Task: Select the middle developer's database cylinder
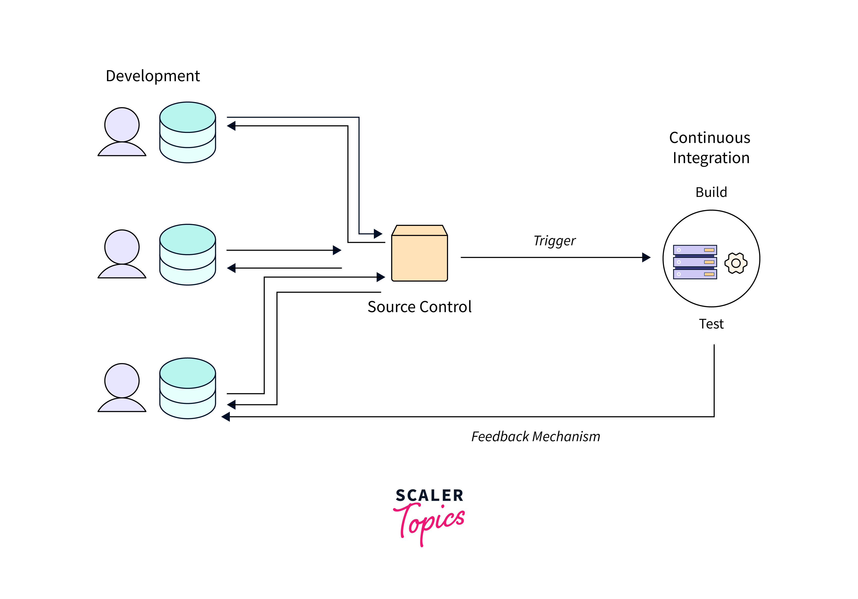point(188,255)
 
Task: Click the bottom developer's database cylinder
point(188,388)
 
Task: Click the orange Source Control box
point(419,254)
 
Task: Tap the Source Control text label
point(419,307)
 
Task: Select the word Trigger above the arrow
point(555,241)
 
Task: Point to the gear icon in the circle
point(736,263)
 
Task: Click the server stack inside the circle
point(695,262)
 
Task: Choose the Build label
point(711,192)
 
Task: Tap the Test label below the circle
point(711,324)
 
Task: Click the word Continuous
point(709,138)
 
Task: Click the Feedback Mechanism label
point(536,437)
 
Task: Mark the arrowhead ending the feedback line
point(226,417)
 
